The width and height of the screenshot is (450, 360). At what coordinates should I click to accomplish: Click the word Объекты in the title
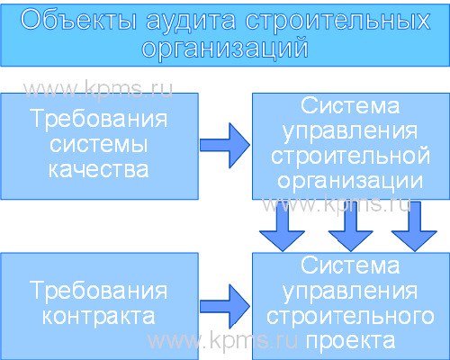coord(78,21)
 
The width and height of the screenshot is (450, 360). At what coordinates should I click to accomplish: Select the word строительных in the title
coord(337,22)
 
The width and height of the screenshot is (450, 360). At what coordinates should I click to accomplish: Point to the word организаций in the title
coord(225,48)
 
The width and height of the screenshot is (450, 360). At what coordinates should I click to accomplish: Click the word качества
coord(98,170)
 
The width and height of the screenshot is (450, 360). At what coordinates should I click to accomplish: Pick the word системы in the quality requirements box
coord(98,145)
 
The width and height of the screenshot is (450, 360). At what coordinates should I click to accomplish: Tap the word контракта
coord(98,316)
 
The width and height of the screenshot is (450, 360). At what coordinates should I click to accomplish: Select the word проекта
coord(350,341)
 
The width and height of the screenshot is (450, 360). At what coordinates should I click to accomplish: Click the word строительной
coord(350,156)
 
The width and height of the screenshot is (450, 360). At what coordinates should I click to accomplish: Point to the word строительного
coord(350,316)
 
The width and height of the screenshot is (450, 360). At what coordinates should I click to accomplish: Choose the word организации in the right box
coord(350,181)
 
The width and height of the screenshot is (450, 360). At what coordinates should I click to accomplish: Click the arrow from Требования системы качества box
coord(225,146)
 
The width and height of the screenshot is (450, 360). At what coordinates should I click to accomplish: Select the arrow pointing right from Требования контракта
coord(225,307)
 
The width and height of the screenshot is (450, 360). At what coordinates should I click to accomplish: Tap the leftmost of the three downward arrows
coord(282,226)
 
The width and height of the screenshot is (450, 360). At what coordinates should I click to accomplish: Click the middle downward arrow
coord(350,226)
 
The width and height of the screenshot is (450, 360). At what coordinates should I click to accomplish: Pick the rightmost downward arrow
coord(414,226)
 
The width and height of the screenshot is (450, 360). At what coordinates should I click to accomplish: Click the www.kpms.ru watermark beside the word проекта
coord(222,340)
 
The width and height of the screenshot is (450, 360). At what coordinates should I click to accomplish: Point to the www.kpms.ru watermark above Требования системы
coord(98,89)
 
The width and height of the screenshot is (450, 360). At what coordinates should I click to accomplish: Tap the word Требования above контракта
coord(98,291)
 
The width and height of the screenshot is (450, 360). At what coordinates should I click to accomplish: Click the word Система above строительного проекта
coord(350,265)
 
